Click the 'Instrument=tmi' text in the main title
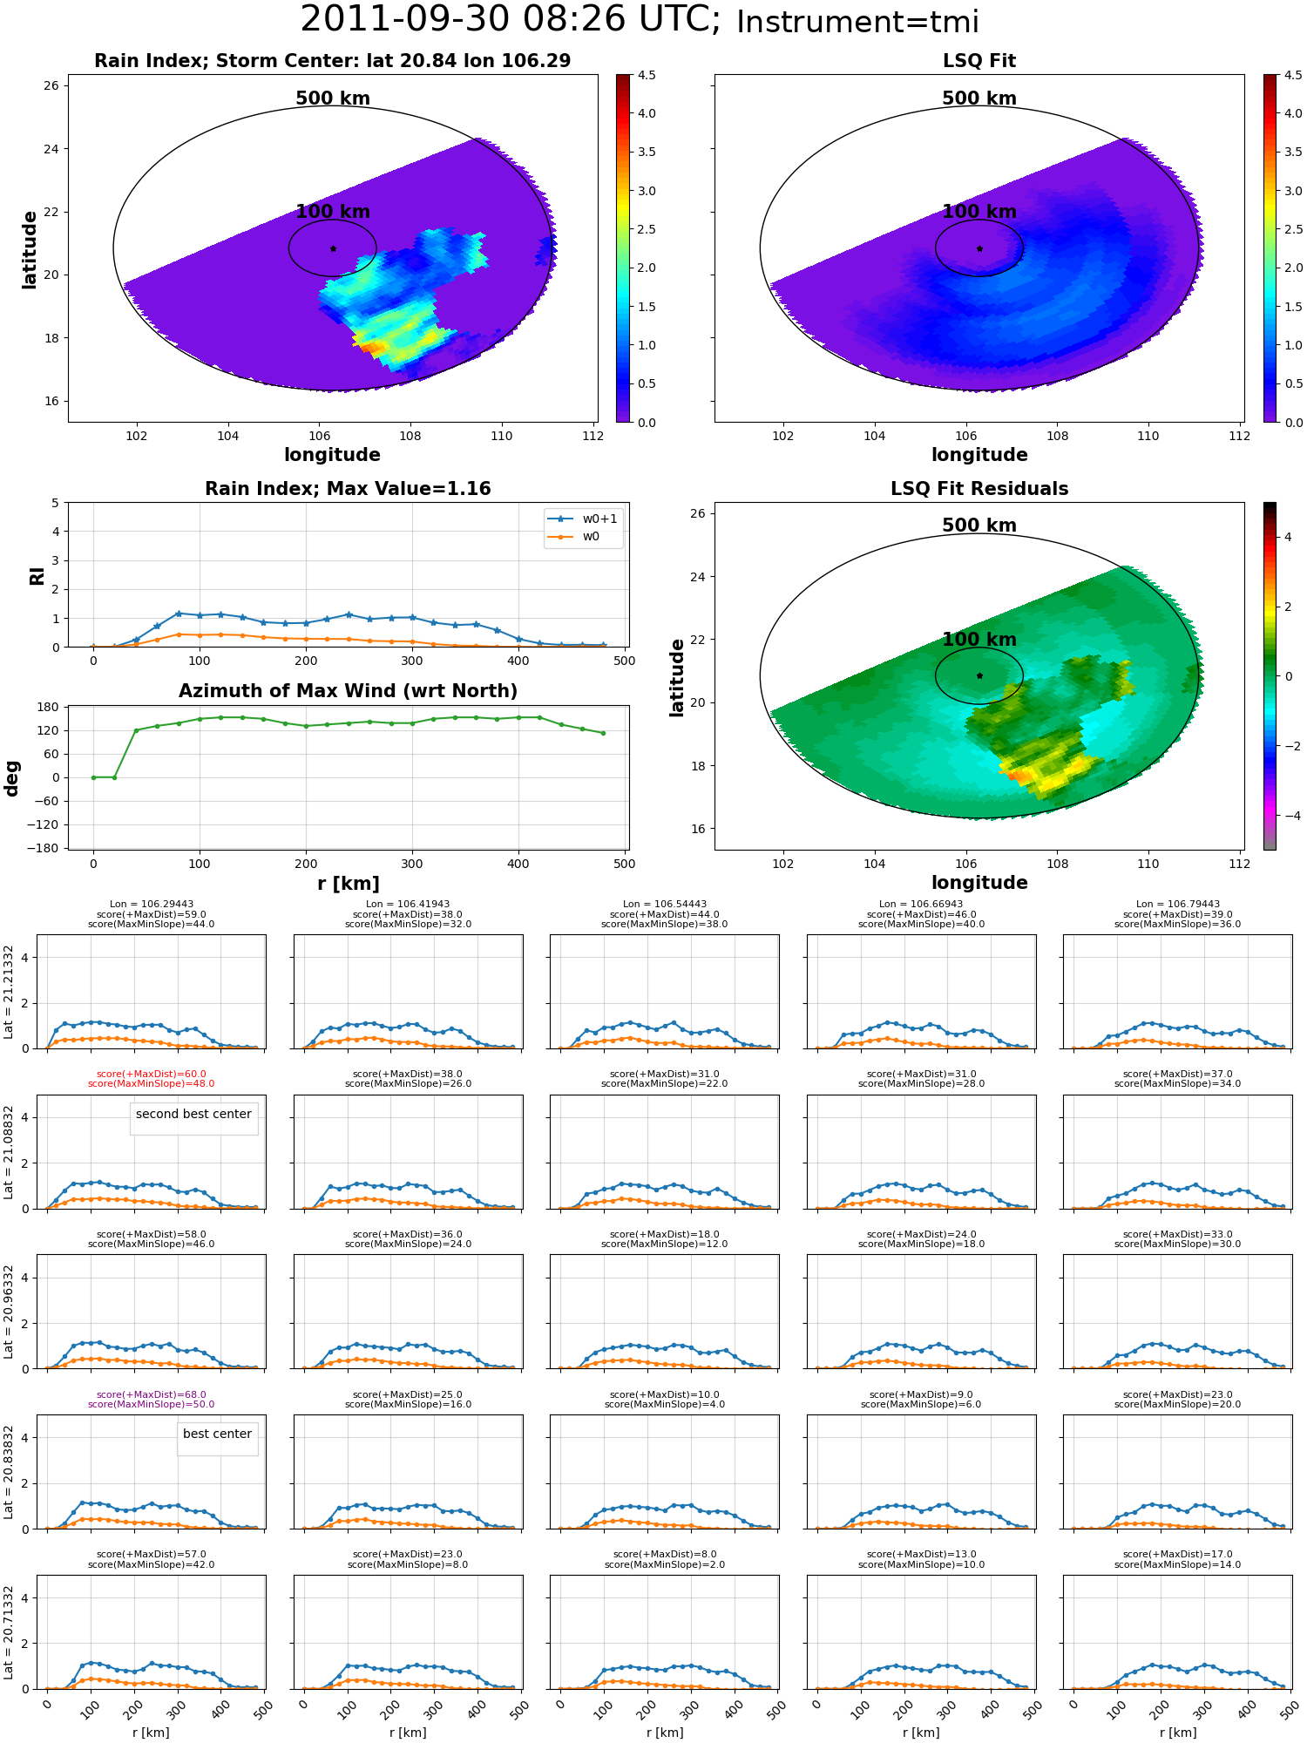coord(857,22)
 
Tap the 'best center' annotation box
coord(217,1434)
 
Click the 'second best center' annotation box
coord(193,1114)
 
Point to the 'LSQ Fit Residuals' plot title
coord(979,489)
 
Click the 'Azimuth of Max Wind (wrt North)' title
coord(348,691)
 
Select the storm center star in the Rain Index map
coord(333,248)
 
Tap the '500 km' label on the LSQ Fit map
coord(979,98)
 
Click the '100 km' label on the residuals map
coord(979,640)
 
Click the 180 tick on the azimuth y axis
coord(49,707)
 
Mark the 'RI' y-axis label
coord(37,575)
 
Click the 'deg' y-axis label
coord(12,778)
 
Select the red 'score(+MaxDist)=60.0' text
coord(151,1075)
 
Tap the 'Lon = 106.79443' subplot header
coord(1177,905)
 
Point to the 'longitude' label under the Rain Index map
coord(332,455)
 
